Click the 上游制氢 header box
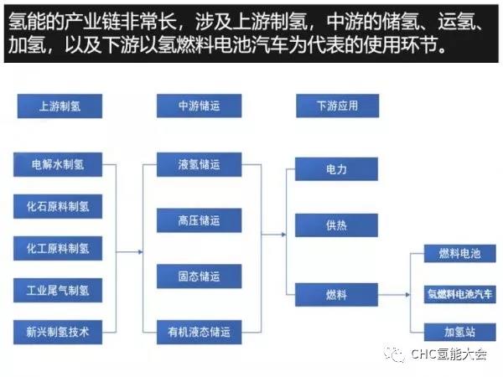tap(58, 107)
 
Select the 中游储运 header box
tap(199, 107)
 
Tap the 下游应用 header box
tap(338, 107)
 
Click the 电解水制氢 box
tap(58, 164)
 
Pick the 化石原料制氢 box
tap(58, 206)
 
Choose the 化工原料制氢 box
tap(58, 248)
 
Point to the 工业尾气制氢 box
tap(58, 290)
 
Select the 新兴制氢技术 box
tap(58, 332)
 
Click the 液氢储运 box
tap(199, 164)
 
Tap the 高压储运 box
tap(199, 220)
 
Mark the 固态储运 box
tap(199, 276)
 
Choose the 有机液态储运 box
tap(199, 332)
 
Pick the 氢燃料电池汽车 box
tap(459, 293)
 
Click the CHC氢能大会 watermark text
tap(448, 355)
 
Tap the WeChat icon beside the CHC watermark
tap(393, 355)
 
